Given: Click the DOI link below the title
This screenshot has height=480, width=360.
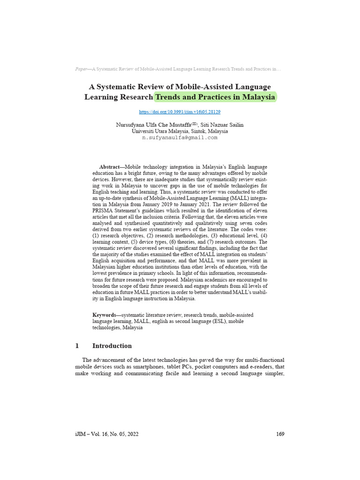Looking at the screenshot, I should click(x=180, y=112).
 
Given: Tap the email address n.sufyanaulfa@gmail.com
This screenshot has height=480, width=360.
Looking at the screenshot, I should click(x=180, y=138).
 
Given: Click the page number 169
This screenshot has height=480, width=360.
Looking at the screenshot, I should click(x=280, y=434).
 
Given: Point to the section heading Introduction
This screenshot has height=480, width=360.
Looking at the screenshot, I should click(x=112, y=346).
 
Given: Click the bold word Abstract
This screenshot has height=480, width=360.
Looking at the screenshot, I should click(x=109, y=167).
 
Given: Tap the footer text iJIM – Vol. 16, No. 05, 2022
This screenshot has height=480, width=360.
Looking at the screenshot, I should click(x=107, y=434).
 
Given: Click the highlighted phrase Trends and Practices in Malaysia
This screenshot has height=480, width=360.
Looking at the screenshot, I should click(x=215, y=97).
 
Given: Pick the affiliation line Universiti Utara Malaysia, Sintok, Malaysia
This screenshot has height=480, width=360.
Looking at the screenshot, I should click(x=180, y=131).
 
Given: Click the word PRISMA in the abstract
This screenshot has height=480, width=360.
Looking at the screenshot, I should click(x=105, y=210).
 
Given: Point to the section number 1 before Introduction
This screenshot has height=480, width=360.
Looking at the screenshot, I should click(x=77, y=346).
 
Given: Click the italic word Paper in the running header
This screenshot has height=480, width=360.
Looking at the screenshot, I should click(x=81, y=69).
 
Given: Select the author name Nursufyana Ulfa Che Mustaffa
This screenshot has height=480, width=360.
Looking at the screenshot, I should click(x=151, y=125).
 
